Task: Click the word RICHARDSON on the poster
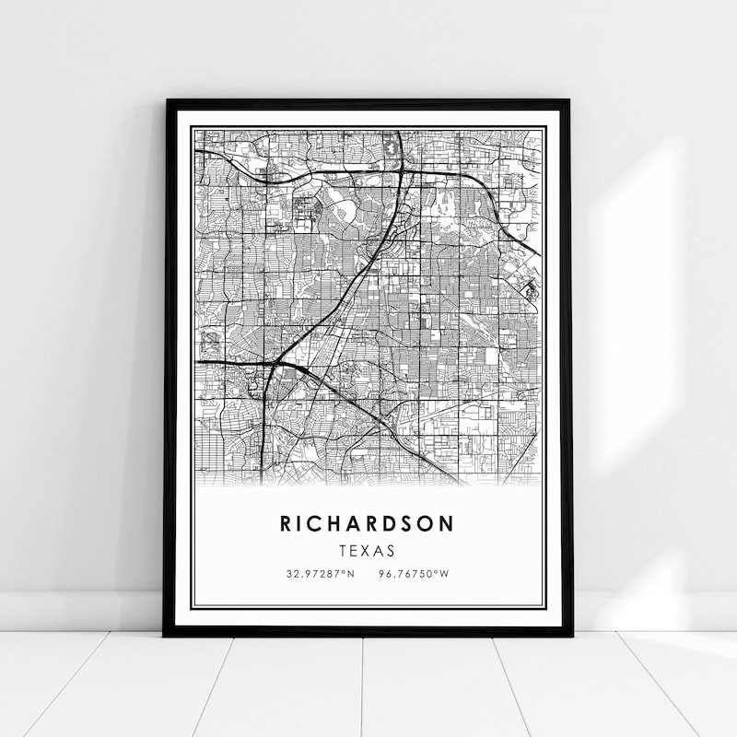pos(367,523)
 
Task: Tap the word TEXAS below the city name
pos(367,551)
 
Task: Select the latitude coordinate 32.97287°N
pos(320,574)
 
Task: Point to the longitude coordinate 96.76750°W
pos(414,574)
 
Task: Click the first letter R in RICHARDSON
pos(287,523)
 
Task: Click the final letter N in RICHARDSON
pos(447,523)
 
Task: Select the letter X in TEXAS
pos(367,551)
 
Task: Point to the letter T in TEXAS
pos(342,551)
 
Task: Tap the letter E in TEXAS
pos(354,551)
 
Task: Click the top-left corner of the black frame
pos(167,100)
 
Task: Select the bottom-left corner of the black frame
pos(165,635)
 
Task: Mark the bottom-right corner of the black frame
pos(570,635)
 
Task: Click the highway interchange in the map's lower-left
pos(271,365)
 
